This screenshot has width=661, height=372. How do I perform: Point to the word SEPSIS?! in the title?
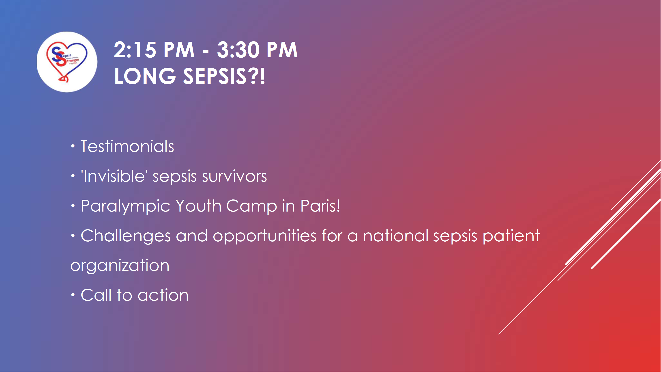point(224,76)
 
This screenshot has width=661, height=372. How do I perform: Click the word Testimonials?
point(127,146)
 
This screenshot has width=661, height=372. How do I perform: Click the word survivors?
point(234,177)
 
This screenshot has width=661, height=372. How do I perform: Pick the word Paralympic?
point(125,206)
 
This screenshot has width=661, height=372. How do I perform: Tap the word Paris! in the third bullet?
point(320,206)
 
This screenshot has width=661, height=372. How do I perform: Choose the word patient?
point(511,236)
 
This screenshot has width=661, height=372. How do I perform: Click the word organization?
point(120,266)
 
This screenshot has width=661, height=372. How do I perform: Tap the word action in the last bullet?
point(163,295)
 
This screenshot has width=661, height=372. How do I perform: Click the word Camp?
point(252,206)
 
